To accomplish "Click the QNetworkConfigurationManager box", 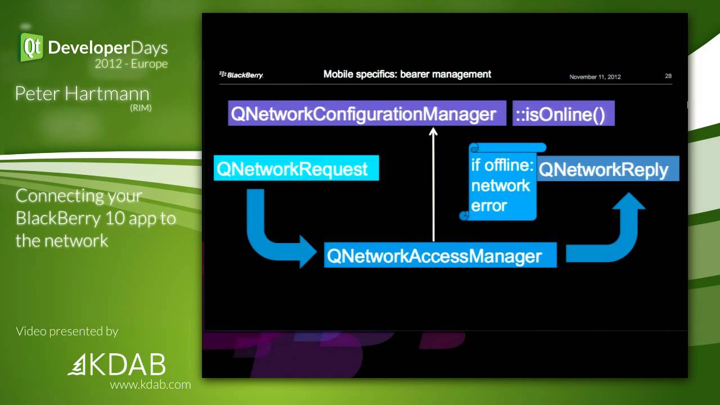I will (x=363, y=115).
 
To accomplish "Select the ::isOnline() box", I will (x=563, y=115).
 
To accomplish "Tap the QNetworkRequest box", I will (x=296, y=169).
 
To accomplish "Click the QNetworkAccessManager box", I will (x=440, y=256).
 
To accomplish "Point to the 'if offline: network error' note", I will (x=501, y=186).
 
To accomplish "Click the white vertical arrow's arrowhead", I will (x=433, y=132).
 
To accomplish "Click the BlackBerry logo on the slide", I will (x=241, y=75).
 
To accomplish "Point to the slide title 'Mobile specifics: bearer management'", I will (x=407, y=74).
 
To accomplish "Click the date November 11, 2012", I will (x=595, y=77).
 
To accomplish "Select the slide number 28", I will (x=668, y=76).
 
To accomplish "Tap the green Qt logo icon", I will (x=31, y=47).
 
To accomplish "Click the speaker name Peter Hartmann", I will (x=82, y=93).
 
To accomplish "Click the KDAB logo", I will (x=117, y=365).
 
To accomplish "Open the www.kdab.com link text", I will (x=150, y=385).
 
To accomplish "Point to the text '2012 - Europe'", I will (x=131, y=64).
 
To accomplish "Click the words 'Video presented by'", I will (x=67, y=331).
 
